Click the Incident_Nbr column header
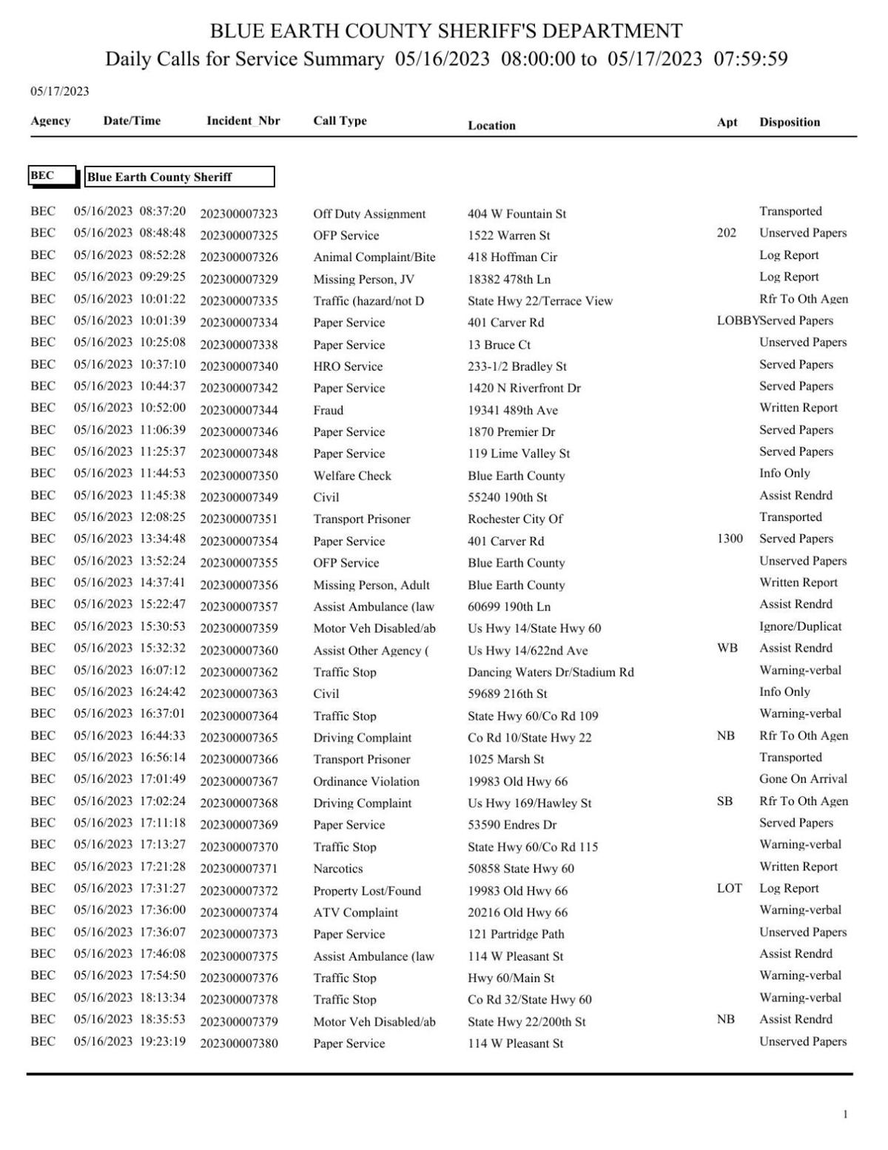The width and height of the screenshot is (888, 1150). coord(243,121)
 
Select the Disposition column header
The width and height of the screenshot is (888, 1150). coord(789,122)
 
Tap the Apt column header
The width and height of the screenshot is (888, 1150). coord(727,122)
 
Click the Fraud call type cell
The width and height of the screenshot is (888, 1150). coord(328,410)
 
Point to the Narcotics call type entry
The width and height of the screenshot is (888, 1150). coord(337,868)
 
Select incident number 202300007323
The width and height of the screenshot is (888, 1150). coord(238,214)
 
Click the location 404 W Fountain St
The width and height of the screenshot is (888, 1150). coord(517,214)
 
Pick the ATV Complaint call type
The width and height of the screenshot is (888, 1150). coord(355,912)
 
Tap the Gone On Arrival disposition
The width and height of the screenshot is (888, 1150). coord(803,779)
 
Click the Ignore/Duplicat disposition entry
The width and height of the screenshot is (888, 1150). coord(800,626)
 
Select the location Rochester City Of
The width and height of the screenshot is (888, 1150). coord(515,519)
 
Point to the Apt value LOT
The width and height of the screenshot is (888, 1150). coord(729,888)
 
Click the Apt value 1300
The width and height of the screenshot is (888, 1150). coord(730,539)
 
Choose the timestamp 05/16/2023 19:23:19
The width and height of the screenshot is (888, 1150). coord(129,1041)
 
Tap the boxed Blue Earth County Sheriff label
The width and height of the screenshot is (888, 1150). coord(179,177)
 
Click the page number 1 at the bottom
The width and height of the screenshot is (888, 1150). coord(845,1114)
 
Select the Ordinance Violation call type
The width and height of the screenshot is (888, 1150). coord(366,781)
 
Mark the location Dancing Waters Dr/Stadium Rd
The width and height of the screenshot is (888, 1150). coord(551,672)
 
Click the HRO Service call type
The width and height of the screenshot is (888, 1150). coord(348,366)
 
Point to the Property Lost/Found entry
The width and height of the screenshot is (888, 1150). coord(366,891)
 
